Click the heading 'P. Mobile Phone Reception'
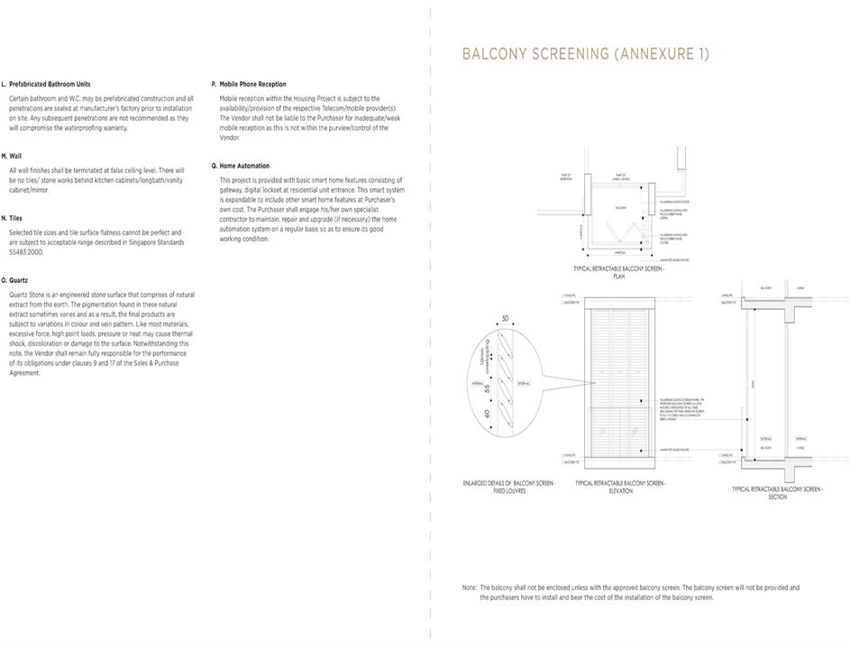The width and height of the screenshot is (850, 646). point(249,84)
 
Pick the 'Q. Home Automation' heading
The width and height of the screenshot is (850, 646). point(240,166)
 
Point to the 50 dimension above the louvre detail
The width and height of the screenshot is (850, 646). point(505,319)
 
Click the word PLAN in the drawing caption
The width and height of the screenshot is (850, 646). point(619,277)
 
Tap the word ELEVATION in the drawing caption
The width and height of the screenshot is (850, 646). point(620,491)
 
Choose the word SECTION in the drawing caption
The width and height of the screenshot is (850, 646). point(777,497)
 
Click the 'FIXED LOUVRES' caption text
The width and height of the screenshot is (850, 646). point(509,491)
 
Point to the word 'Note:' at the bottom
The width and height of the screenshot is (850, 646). point(470,587)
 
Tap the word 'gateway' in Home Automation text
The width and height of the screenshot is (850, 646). point(233,189)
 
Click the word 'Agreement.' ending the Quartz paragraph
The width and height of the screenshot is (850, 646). point(25,373)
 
